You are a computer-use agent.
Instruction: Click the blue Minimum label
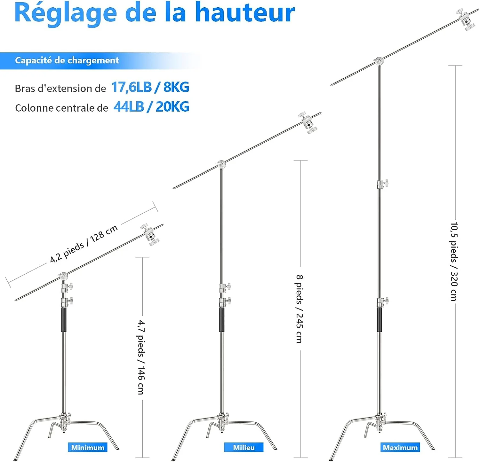point(87,447)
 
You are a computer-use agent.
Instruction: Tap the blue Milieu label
point(244,447)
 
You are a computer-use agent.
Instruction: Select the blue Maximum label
point(400,447)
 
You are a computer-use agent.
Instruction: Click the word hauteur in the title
point(245,13)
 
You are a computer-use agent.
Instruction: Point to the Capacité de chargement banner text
point(67,60)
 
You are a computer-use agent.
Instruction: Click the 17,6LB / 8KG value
point(150,87)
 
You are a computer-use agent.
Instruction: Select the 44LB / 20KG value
point(151,107)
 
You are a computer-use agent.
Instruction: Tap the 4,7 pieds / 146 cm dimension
point(141,357)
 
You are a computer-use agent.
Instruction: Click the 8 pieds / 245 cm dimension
point(299,309)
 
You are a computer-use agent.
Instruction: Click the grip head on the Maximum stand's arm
point(466,20)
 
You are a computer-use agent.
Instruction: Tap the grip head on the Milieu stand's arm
point(308,123)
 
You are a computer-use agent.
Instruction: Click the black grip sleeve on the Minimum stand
point(64,320)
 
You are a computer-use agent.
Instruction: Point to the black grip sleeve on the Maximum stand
point(379,320)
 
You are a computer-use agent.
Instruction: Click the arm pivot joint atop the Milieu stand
point(221,165)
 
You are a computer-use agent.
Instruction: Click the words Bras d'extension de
point(60,88)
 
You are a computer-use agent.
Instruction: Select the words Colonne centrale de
point(62,108)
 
